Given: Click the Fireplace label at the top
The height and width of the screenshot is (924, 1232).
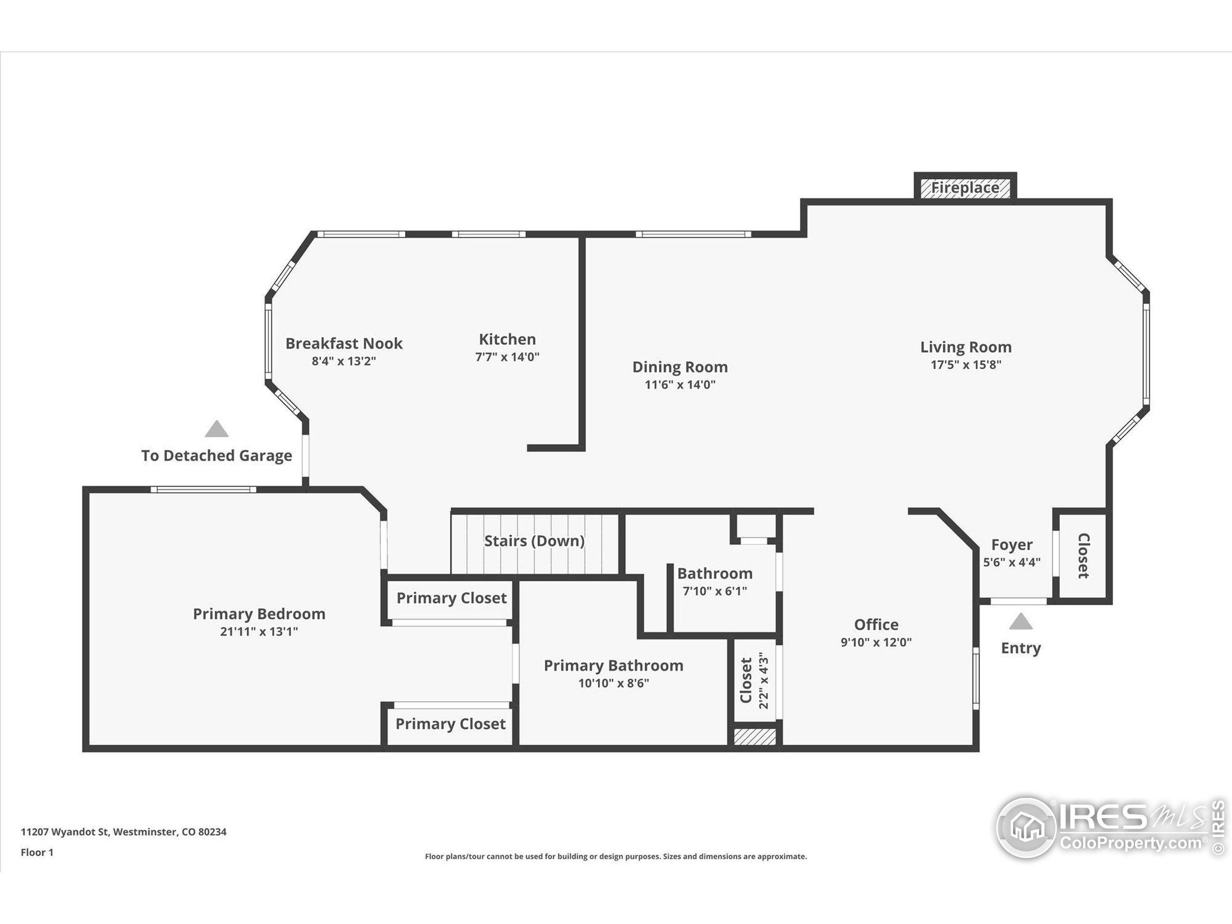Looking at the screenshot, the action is pos(965,188).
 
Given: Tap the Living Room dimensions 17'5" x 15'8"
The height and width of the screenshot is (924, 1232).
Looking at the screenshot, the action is pos(966,365).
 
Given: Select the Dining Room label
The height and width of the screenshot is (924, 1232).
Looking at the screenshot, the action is pos(680,367).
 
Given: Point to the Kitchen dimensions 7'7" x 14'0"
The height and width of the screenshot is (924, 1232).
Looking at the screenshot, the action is pos(507,357).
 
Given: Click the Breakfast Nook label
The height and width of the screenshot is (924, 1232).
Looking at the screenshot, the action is pos(344,343).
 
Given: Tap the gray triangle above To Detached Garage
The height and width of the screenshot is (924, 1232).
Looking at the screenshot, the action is pos(217,429).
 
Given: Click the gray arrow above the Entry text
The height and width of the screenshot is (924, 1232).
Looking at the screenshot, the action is pos(1020,621).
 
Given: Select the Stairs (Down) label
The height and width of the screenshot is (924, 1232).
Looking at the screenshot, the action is pos(534,541).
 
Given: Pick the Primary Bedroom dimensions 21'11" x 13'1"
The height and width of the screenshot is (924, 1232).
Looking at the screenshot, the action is pos(259,631).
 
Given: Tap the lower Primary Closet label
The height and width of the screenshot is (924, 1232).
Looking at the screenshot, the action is pos(450,724).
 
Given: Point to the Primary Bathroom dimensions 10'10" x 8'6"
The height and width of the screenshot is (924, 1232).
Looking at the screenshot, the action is pos(614,683).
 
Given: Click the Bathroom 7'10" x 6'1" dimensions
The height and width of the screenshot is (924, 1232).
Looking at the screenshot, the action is pos(715,591).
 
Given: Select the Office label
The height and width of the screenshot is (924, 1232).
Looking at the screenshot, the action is pos(876,624).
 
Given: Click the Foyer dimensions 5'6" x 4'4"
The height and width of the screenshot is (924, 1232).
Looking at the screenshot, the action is pos(1012,563).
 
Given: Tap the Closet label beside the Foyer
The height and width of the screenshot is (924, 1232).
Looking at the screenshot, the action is pos(1083,556).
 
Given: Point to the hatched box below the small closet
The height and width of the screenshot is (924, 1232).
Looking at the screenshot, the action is pos(755,736).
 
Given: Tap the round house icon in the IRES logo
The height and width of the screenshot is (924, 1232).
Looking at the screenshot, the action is pos(1027,828).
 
